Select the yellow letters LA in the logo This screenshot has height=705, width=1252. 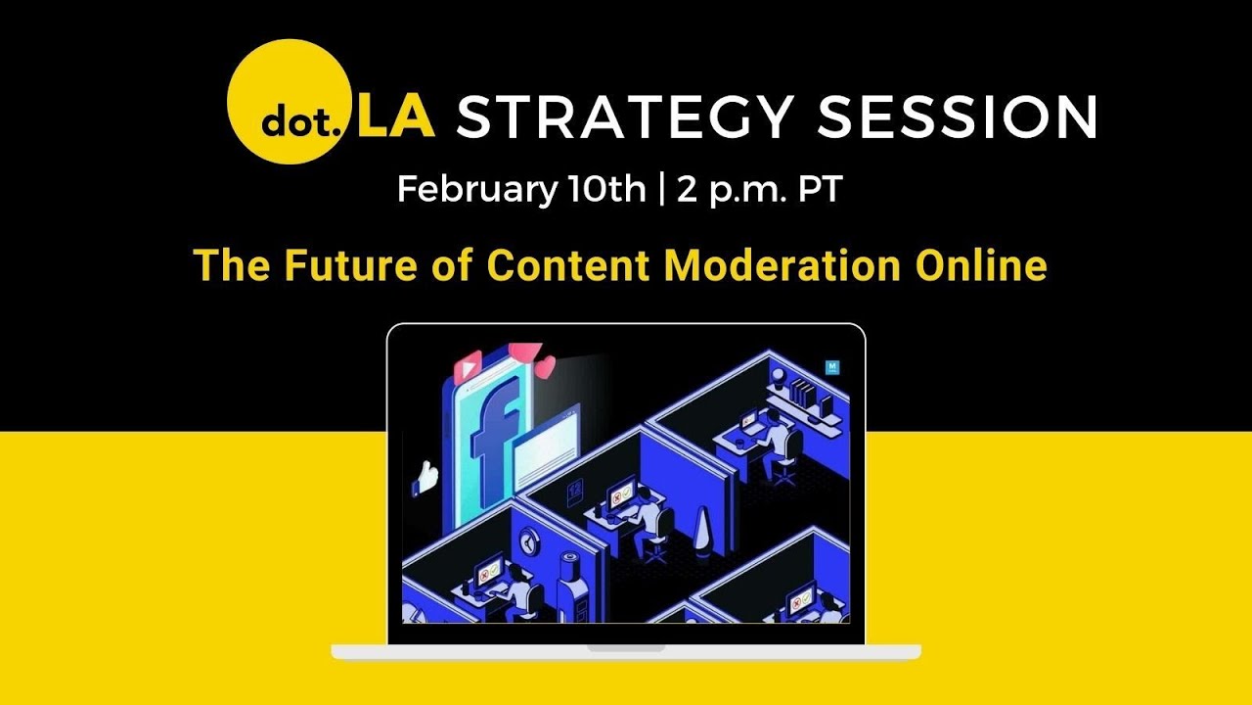point(395,117)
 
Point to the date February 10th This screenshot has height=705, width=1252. point(520,188)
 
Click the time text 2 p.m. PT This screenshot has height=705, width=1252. point(757,189)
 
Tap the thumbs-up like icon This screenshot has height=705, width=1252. point(425,477)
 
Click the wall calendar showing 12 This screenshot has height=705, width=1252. point(575,487)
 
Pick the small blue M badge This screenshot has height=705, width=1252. point(832,368)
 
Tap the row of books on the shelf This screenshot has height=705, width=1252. point(803,394)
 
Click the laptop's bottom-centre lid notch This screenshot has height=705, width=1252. point(626,648)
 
